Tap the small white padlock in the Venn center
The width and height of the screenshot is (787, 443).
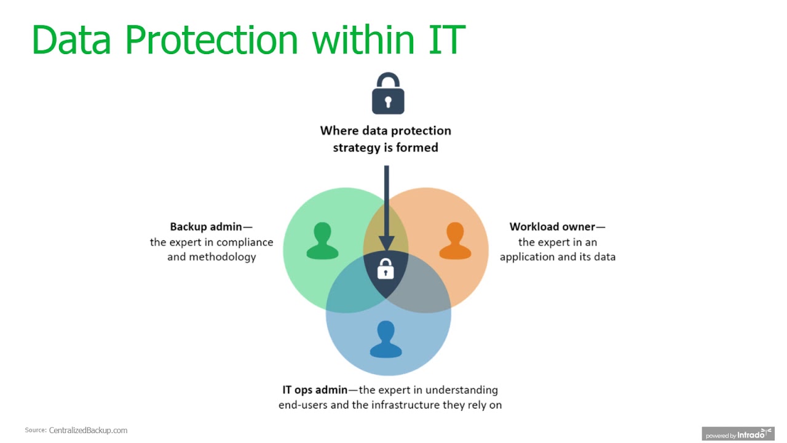386,269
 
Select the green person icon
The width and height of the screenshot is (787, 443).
322,241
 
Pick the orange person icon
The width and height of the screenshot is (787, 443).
455,241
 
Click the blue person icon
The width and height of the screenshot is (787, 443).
386,339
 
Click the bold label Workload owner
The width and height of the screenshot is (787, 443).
552,226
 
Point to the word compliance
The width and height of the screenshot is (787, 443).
245,242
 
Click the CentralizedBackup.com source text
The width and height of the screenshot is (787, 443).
88,431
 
